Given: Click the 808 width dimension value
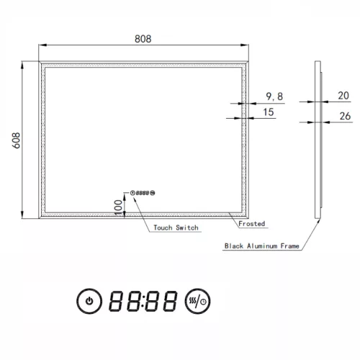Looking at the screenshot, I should (x=142, y=40).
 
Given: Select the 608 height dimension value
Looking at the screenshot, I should (x=16, y=139).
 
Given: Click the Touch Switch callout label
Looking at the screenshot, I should (x=176, y=228).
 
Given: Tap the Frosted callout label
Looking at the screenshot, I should (x=252, y=224).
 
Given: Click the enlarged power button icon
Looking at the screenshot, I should (x=89, y=300).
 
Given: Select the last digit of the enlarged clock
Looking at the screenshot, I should (x=170, y=300).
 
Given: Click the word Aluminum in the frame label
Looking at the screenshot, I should (x=264, y=246).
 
